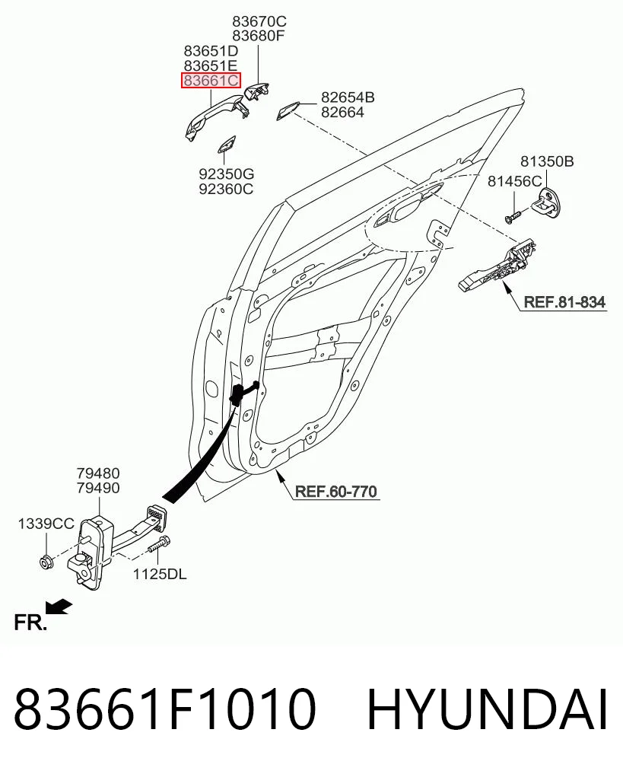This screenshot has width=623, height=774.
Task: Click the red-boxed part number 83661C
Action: [211, 80]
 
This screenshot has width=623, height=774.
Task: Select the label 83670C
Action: [259, 21]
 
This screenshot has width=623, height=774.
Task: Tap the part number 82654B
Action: [348, 97]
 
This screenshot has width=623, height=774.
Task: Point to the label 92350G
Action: [227, 174]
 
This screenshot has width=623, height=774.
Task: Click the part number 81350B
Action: [547, 161]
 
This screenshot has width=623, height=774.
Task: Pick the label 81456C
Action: [514, 181]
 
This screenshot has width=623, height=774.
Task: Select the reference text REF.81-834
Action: [564, 301]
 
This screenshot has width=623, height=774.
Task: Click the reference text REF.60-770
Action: [336, 491]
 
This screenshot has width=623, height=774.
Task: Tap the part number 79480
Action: [98, 473]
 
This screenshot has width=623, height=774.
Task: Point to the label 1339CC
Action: [46, 524]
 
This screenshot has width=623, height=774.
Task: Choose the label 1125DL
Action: [160, 574]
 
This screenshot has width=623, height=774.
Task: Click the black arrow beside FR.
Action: [59, 607]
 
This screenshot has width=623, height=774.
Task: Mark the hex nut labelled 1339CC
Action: [46, 562]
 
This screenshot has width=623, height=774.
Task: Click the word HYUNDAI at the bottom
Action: [488, 709]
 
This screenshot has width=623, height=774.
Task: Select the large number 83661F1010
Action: [164, 709]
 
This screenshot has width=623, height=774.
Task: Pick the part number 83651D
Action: [211, 51]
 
